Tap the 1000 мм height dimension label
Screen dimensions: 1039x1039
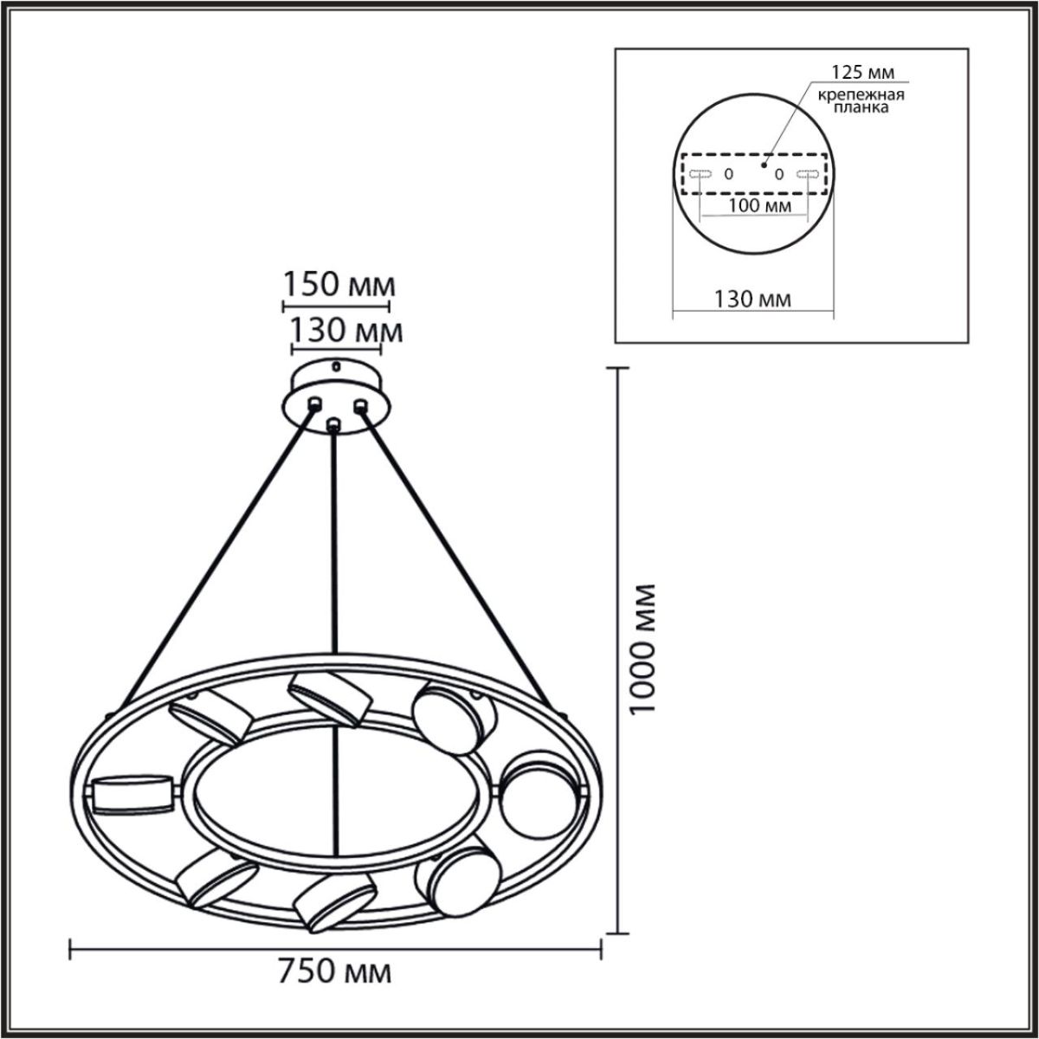click(x=642, y=649)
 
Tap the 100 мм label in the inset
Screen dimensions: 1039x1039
click(x=755, y=205)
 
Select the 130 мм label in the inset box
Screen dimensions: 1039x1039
click(x=752, y=300)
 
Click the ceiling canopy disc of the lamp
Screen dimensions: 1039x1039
click(x=337, y=394)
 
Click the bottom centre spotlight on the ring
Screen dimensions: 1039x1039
click(x=334, y=901)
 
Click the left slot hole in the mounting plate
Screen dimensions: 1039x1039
click(x=700, y=174)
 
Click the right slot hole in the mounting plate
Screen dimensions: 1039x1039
click(x=807, y=174)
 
